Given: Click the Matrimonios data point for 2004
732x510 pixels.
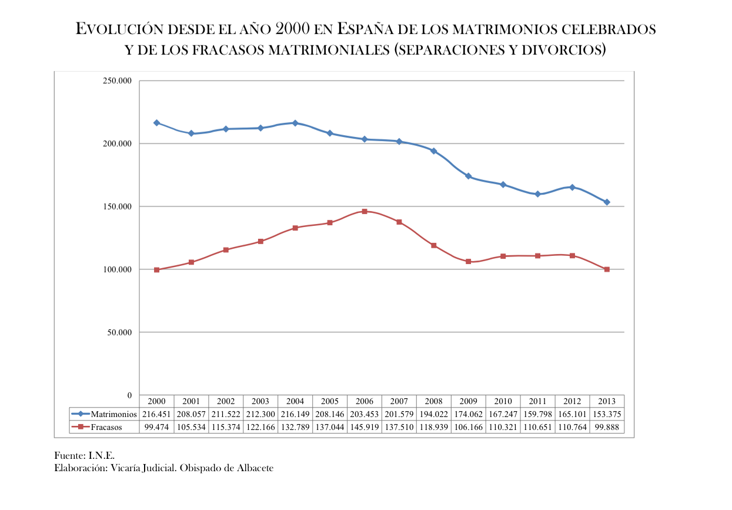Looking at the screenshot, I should click(x=295, y=123).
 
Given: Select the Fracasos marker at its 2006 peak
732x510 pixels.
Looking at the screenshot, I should click(x=365, y=211).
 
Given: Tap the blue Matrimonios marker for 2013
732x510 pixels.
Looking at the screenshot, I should click(x=607, y=202).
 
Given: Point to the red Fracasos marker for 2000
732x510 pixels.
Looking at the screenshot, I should click(x=156, y=269).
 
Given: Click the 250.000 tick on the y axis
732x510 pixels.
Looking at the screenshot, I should click(x=117, y=81).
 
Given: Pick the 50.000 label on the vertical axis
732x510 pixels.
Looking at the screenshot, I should click(x=119, y=332).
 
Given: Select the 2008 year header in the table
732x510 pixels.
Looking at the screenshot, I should click(x=433, y=401).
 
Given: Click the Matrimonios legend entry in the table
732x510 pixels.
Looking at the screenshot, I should click(x=105, y=414).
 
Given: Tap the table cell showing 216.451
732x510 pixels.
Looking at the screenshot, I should click(x=156, y=414).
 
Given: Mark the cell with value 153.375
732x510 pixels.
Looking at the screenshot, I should click(x=607, y=414).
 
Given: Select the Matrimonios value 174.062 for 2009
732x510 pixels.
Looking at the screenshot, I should click(x=468, y=414).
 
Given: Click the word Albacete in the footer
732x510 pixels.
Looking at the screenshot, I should click(x=255, y=468).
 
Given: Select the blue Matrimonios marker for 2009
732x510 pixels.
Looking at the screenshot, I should click(x=468, y=176).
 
